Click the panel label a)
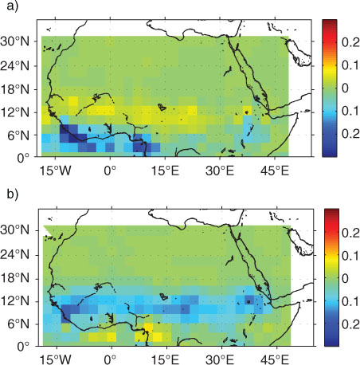click(13, 6)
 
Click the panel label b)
click(13, 194)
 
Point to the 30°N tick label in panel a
click(15, 41)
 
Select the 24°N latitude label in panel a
click(15, 65)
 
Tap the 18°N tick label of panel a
click(15, 89)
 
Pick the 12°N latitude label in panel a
click(15, 112)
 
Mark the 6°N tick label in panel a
click(18, 135)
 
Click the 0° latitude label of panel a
click(23, 159)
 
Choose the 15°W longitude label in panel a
click(55, 171)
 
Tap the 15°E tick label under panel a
click(165, 171)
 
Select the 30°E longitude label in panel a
click(220, 171)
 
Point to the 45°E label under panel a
click(275, 171)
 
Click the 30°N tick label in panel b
click(15, 230)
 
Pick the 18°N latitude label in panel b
click(15, 278)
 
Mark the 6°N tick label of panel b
click(18, 324)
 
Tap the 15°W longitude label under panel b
click(55, 359)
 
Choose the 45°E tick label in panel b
click(275, 359)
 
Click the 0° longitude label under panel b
click(110, 359)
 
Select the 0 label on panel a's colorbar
click(345, 88)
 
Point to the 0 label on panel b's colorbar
click(345, 278)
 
